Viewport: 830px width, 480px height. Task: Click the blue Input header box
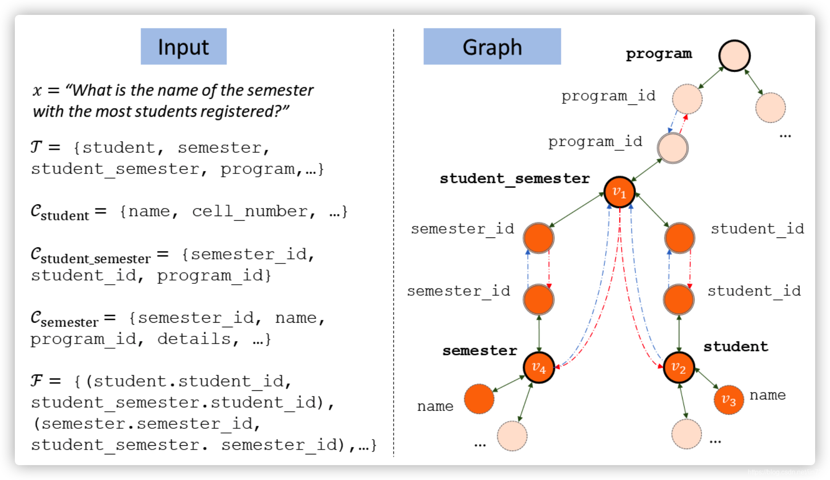point(183,46)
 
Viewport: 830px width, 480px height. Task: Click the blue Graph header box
point(492,46)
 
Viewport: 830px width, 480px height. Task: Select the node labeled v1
point(619,192)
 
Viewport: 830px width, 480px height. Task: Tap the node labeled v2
point(678,367)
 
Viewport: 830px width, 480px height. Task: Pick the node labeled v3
point(728,399)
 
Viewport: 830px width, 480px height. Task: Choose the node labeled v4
point(538,367)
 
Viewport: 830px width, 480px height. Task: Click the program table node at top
point(734,55)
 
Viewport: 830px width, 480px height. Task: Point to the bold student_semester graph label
point(515,178)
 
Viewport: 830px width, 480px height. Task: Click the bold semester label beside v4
point(479,351)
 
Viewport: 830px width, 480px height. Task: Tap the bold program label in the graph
point(659,54)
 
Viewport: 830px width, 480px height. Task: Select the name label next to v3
point(767,395)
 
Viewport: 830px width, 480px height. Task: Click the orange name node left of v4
point(479,399)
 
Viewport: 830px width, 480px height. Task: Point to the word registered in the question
point(230,112)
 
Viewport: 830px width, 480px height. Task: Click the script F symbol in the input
point(37,380)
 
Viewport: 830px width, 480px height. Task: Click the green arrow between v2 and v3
point(707,378)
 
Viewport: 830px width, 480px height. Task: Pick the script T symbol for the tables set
point(36,147)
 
